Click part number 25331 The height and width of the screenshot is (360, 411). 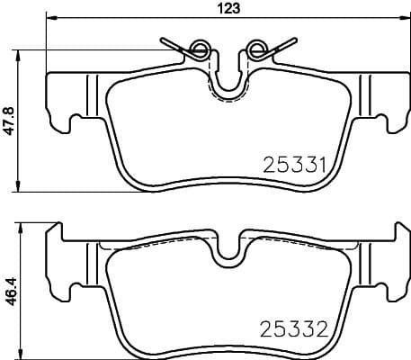(292, 165)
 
